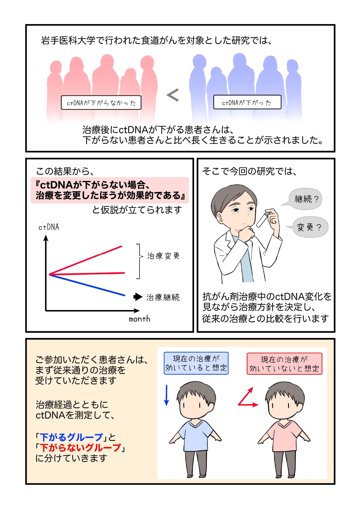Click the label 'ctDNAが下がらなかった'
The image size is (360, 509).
click(101, 103)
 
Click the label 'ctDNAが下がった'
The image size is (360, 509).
click(247, 102)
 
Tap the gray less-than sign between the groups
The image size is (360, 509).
click(173, 95)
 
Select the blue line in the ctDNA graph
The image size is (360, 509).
click(87, 285)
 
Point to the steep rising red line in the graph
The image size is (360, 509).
click(86, 260)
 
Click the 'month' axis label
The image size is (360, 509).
click(140, 319)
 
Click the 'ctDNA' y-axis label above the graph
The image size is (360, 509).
click(49, 227)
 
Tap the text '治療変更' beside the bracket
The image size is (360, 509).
click(163, 256)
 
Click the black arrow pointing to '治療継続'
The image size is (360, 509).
click(138, 297)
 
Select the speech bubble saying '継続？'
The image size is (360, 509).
click(305, 199)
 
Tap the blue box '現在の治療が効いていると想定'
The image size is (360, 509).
click(196, 363)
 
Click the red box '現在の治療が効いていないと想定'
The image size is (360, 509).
click(284, 364)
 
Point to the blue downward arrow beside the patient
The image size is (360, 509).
click(167, 395)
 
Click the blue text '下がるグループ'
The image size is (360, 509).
click(71, 437)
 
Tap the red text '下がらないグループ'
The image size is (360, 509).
click(80, 448)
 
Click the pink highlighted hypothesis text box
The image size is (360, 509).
click(110, 190)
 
